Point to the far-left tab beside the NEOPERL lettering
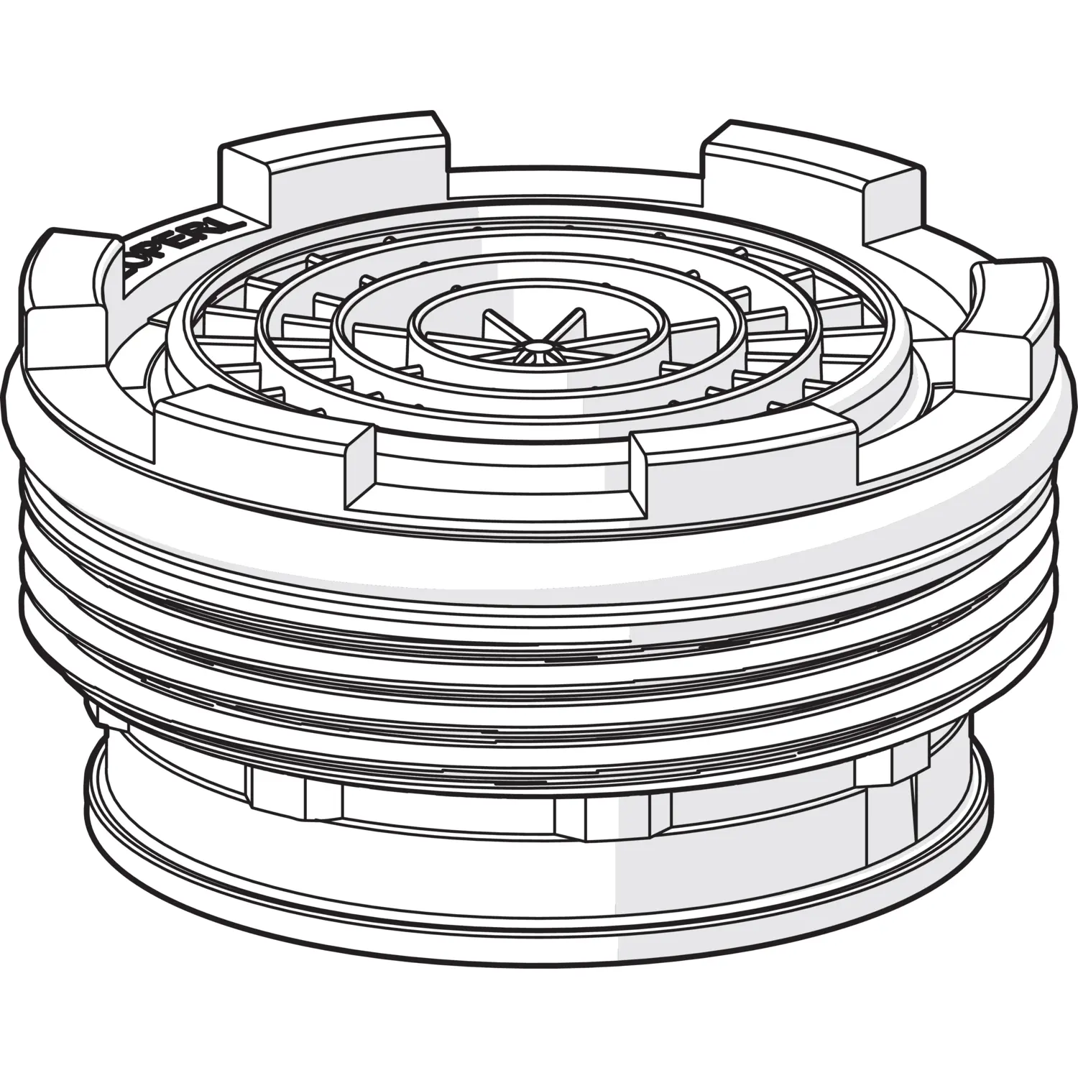65,273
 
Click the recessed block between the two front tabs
503,478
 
